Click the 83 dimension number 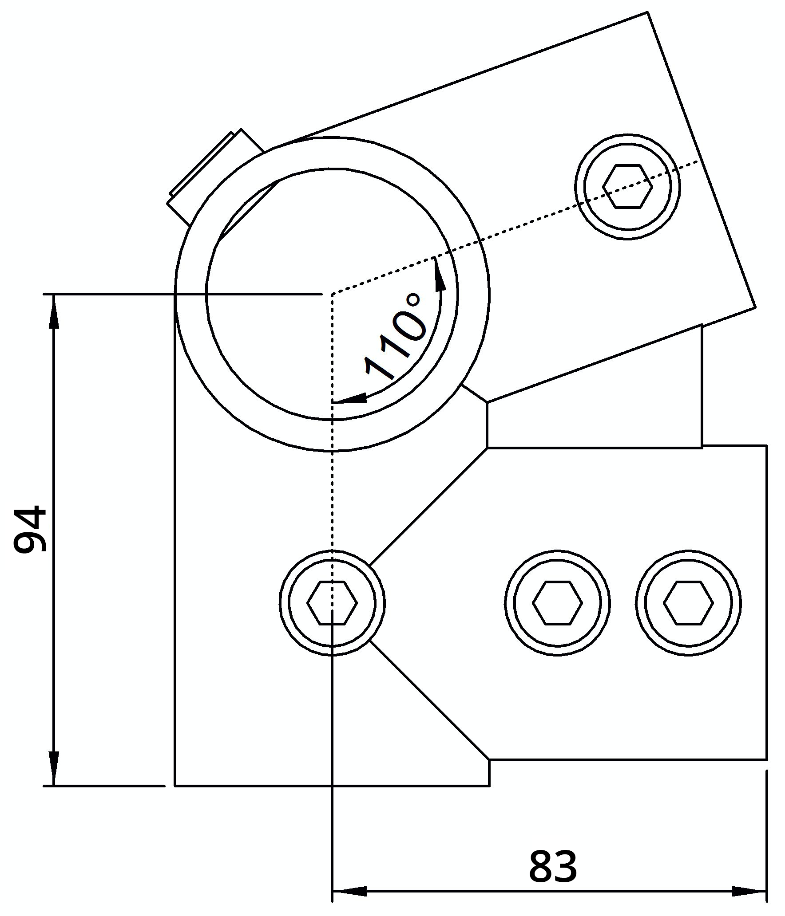pos(553,866)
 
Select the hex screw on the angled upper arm pos(627,186)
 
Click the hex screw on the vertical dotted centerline pos(332,602)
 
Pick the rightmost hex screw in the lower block pos(688,602)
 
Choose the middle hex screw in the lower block pos(557,602)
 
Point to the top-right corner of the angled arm pos(647,12)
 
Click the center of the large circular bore pos(332,294)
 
